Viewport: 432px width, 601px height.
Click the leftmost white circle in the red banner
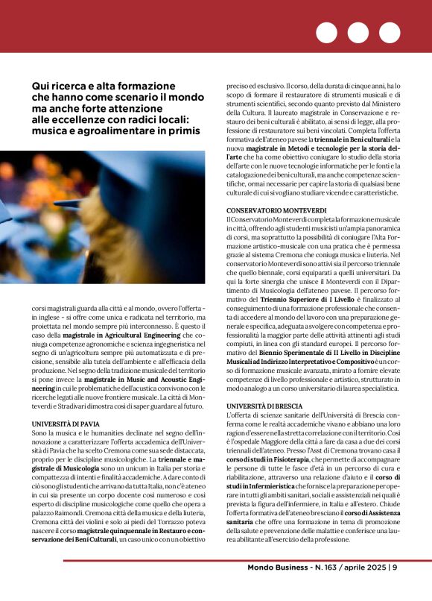point(326,33)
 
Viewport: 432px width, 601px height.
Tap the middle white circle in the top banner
point(358,33)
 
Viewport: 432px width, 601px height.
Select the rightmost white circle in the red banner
point(390,33)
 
